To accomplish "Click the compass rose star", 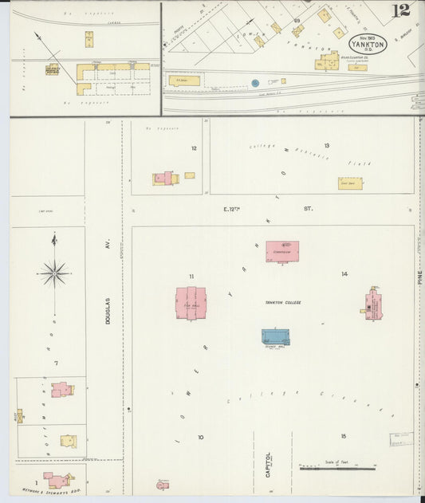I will [x=54, y=273].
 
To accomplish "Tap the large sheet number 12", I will [x=400, y=11].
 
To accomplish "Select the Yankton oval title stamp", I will [x=368, y=45].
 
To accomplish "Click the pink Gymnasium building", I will [x=282, y=251].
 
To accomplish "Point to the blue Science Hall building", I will [x=275, y=336].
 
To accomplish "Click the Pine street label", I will [x=419, y=277].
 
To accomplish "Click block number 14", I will [x=344, y=274].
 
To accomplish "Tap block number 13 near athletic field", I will [x=326, y=146].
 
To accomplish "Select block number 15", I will [x=344, y=436].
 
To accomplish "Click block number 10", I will [x=201, y=437].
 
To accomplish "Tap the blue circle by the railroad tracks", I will [x=255, y=82].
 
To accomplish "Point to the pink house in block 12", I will [x=165, y=178].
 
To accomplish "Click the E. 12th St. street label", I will [x=266, y=209].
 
